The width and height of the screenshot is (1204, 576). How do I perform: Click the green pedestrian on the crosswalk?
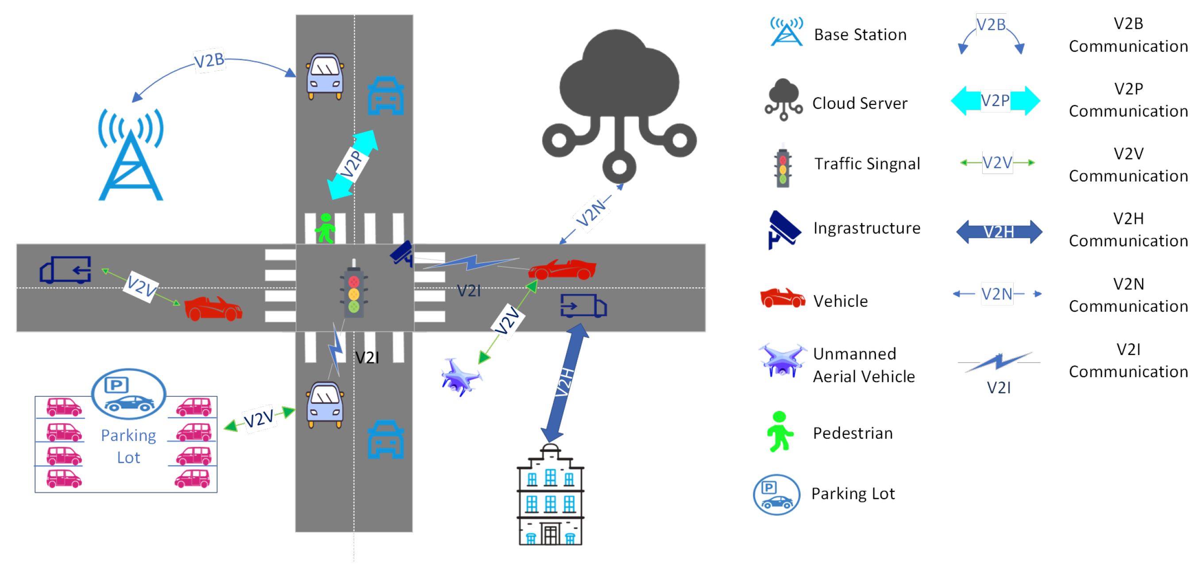pyautogui.click(x=325, y=228)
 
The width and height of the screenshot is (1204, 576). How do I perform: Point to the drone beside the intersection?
pyautogui.click(x=460, y=377)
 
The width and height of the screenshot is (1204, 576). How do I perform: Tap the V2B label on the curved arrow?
pyautogui.click(x=209, y=60)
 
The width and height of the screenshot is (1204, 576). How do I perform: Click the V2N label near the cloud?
pyautogui.click(x=591, y=213)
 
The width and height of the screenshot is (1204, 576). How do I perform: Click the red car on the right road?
pyautogui.click(x=562, y=269)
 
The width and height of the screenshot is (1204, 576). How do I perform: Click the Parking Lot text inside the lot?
pyautogui.click(x=128, y=446)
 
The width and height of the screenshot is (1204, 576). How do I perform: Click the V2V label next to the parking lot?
pyautogui.click(x=259, y=418)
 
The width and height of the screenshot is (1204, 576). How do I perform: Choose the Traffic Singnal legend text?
pyautogui.click(x=867, y=164)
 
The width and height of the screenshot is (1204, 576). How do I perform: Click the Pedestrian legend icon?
pyautogui.click(x=779, y=432)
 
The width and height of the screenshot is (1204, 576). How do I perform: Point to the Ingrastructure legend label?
pyautogui.click(x=867, y=228)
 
